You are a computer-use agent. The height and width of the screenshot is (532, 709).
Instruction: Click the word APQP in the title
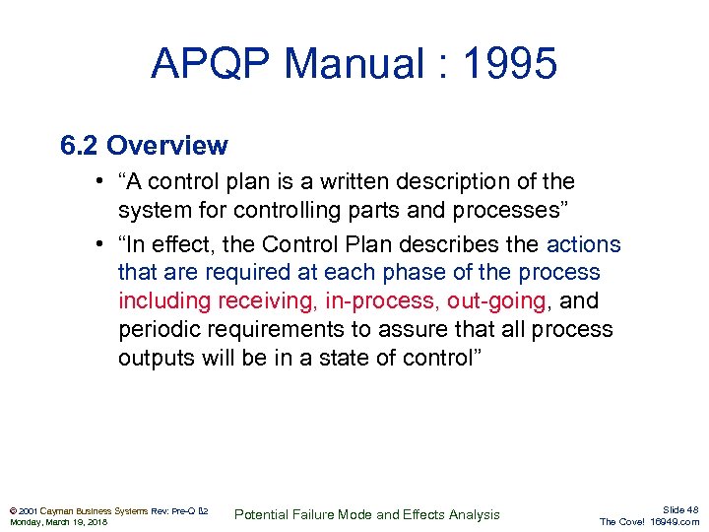[x=211, y=64]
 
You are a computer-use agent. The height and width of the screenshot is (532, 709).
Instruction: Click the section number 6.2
[x=80, y=146]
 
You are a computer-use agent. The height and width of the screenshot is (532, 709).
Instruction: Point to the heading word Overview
[x=166, y=146]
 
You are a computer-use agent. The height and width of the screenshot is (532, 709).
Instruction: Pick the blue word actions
[x=584, y=244]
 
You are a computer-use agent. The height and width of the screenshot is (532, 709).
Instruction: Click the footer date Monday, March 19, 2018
[x=59, y=522]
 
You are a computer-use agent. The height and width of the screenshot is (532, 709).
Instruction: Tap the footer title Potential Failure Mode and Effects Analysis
[x=366, y=514]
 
